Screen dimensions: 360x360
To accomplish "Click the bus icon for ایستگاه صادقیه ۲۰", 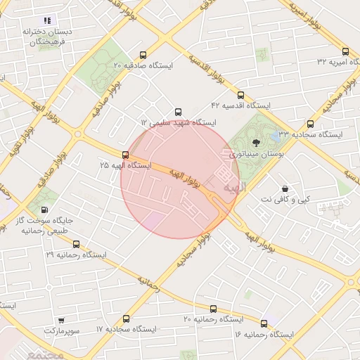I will click(x=143, y=55).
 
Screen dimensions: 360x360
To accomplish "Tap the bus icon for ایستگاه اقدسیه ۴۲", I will click(x=240, y=95).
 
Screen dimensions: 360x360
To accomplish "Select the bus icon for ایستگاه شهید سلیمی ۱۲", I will click(x=178, y=112).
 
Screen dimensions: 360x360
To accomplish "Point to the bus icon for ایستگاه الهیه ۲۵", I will click(x=125, y=155).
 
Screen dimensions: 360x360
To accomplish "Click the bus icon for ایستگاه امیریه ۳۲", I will click(x=345, y=51).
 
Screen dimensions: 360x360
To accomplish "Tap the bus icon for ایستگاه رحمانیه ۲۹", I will click(x=76, y=244).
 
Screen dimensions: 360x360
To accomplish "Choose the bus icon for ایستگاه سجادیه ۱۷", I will click(x=126, y=319).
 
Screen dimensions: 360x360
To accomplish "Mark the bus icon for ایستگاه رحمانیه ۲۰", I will click(x=213, y=309).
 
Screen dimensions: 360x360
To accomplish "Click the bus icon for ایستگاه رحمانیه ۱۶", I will click(x=264, y=323).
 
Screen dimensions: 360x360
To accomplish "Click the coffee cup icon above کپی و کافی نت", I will click(x=285, y=189).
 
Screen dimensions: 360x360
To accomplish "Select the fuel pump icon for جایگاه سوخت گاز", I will click(x=46, y=209).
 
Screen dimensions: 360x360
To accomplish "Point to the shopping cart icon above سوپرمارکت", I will click(x=60, y=320).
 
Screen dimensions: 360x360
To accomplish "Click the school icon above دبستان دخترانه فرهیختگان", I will click(x=47, y=21).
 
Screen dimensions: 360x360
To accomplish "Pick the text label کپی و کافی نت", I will click(x=284, y=200).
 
